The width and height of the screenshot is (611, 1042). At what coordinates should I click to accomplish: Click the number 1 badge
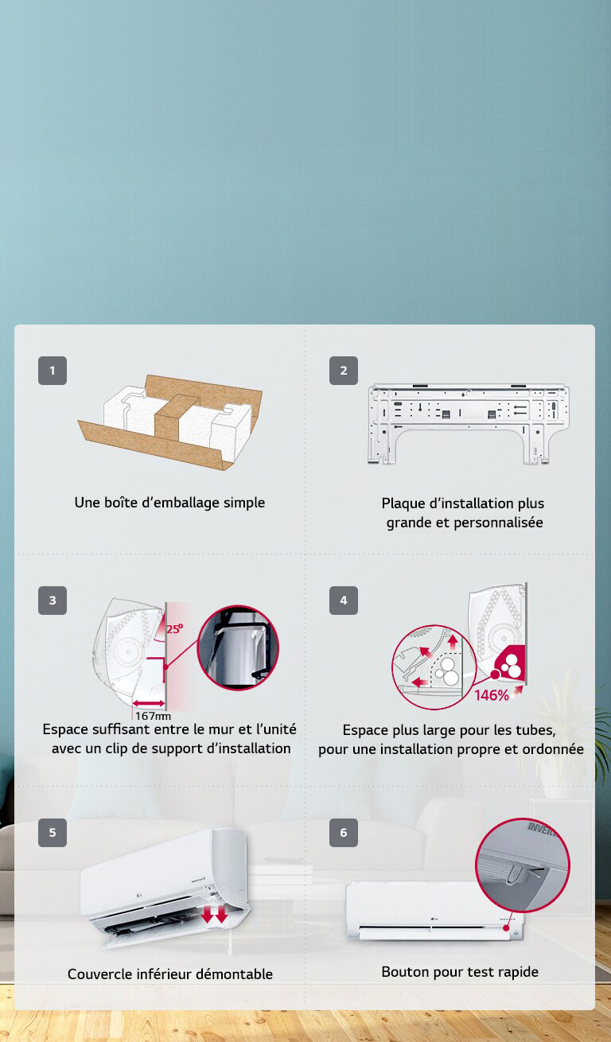coord(53,371)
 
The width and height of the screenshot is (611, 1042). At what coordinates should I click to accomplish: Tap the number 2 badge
coord(344,371)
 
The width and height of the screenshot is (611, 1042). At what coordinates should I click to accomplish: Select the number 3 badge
coord(53,601)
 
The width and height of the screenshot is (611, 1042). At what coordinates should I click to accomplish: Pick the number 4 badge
coord(344,601)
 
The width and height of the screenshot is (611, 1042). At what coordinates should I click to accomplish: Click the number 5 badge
coord(53,833)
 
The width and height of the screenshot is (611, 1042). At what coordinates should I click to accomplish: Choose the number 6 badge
coord(344,833)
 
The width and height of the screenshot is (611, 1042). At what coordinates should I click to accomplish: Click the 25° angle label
coord(174,628)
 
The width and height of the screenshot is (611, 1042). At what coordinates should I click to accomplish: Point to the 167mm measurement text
coord(153,716)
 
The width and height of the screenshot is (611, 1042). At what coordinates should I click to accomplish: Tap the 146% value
coord(492,696)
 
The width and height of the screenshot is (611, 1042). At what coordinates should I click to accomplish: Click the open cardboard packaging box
coord(169,422)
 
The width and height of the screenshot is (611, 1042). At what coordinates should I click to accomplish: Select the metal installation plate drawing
coord(469,422)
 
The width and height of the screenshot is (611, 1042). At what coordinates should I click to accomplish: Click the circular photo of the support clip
coord(237,647)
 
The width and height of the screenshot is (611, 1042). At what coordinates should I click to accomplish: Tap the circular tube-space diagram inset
coord(433,667)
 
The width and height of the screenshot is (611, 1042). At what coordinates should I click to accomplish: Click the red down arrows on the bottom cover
coord(214,915)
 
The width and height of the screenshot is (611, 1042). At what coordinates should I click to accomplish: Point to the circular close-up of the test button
coord(523,865)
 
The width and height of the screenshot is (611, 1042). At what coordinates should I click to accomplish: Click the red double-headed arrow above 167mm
coord(150,702)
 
